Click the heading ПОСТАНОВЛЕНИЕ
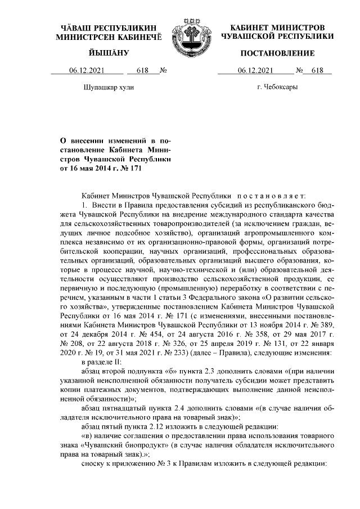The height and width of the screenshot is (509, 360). coord(277,53)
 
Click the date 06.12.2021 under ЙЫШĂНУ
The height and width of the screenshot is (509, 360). coord(87,70)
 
